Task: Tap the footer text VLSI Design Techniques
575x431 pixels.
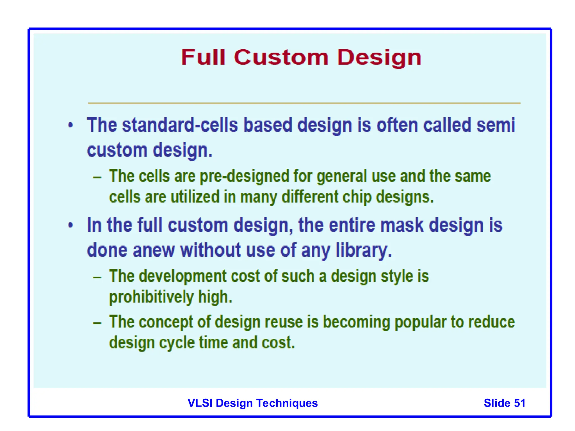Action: [252, 403]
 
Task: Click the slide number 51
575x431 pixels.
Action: [519, 403]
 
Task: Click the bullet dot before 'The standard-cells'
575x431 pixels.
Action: [71, 125]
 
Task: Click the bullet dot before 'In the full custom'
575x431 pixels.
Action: [71, 225]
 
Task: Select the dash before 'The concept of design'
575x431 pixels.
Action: [97, 323]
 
